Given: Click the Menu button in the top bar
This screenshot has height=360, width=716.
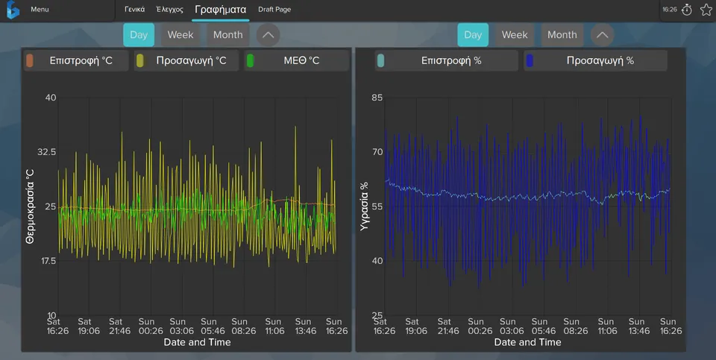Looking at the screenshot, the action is click(x=40, y=9).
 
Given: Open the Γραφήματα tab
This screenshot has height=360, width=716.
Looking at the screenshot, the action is click(x=221, y=10).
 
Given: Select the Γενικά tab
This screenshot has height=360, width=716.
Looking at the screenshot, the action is click(x=135, y=9).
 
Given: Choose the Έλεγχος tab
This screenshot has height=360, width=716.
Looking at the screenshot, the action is click(x=169, y=9).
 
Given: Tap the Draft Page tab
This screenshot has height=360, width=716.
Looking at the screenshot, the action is click(x=274, y=9).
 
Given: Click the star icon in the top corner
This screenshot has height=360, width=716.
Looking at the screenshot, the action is click(x=706, y=10).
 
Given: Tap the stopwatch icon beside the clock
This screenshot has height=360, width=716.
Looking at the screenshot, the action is click(x=687, y=10).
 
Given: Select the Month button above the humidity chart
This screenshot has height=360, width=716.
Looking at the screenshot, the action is click(x=562, y=35).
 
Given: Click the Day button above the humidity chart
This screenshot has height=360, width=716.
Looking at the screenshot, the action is click(x=473, y=35).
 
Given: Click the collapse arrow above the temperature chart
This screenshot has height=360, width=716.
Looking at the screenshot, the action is click(x=268, y=35).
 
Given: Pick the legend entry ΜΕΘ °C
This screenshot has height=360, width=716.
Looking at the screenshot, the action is click(x=296, y=60).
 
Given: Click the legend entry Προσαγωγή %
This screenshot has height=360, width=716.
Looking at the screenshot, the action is click(x=595, y=60).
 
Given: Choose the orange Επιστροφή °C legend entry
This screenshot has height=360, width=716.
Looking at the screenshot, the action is click(x=76, y=60).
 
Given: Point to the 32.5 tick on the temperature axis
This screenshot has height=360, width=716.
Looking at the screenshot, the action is click(x=46, y=151).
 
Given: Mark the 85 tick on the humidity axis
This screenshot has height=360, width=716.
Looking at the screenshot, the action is click(x=377, y=97).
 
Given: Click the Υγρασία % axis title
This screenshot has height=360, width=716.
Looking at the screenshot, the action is click(x=364, y=206).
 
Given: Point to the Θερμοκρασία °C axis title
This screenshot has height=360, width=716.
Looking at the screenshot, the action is click(x=30, y=206).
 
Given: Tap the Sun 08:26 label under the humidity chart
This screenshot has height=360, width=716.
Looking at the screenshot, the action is click(x=571, y=326).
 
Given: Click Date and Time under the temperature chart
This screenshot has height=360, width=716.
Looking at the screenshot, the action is click(x=197, y=342).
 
